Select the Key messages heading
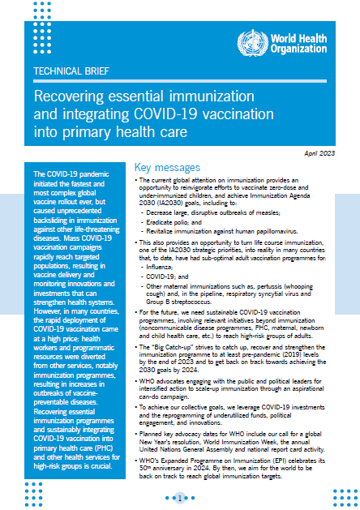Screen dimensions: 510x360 (165, 165)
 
